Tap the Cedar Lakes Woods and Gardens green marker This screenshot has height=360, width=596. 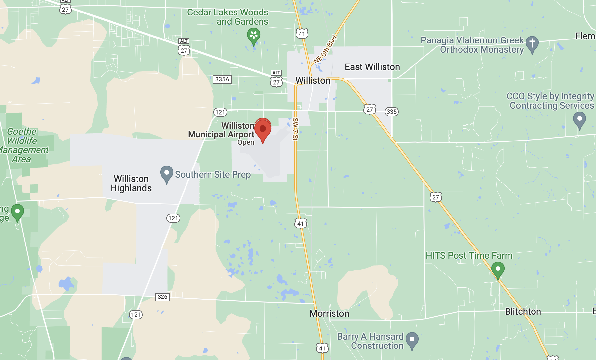[x=253, y=36]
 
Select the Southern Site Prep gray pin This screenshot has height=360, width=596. [x=166, y=173]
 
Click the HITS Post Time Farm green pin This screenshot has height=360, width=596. [x=498, y=270]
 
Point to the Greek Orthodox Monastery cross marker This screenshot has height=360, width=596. [x=532, y=44]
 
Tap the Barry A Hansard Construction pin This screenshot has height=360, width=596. [x=412, y=340]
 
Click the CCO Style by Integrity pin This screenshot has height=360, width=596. [x=579, y=119]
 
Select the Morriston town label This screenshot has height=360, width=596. [x=329, y=313]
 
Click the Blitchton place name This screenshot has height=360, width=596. [x=523, y=311]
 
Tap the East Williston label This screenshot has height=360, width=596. [x=372, y=67]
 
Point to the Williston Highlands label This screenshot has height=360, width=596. [x=131, y=183]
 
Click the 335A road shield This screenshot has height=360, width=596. [x=222, y=79]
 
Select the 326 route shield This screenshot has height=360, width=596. [x=162, y=297]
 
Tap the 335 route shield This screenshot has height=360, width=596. [x=391, y=112]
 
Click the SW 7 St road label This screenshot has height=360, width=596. [x=295, y=129]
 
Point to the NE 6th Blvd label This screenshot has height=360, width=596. [x=325, y=49]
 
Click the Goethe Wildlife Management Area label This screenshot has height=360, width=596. [x=23, y=145]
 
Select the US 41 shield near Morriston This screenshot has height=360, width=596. [x=322, y=348]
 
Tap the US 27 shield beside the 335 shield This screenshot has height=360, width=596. [x=370, y=109]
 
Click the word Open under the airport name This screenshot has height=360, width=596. [x=246, y=142]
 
